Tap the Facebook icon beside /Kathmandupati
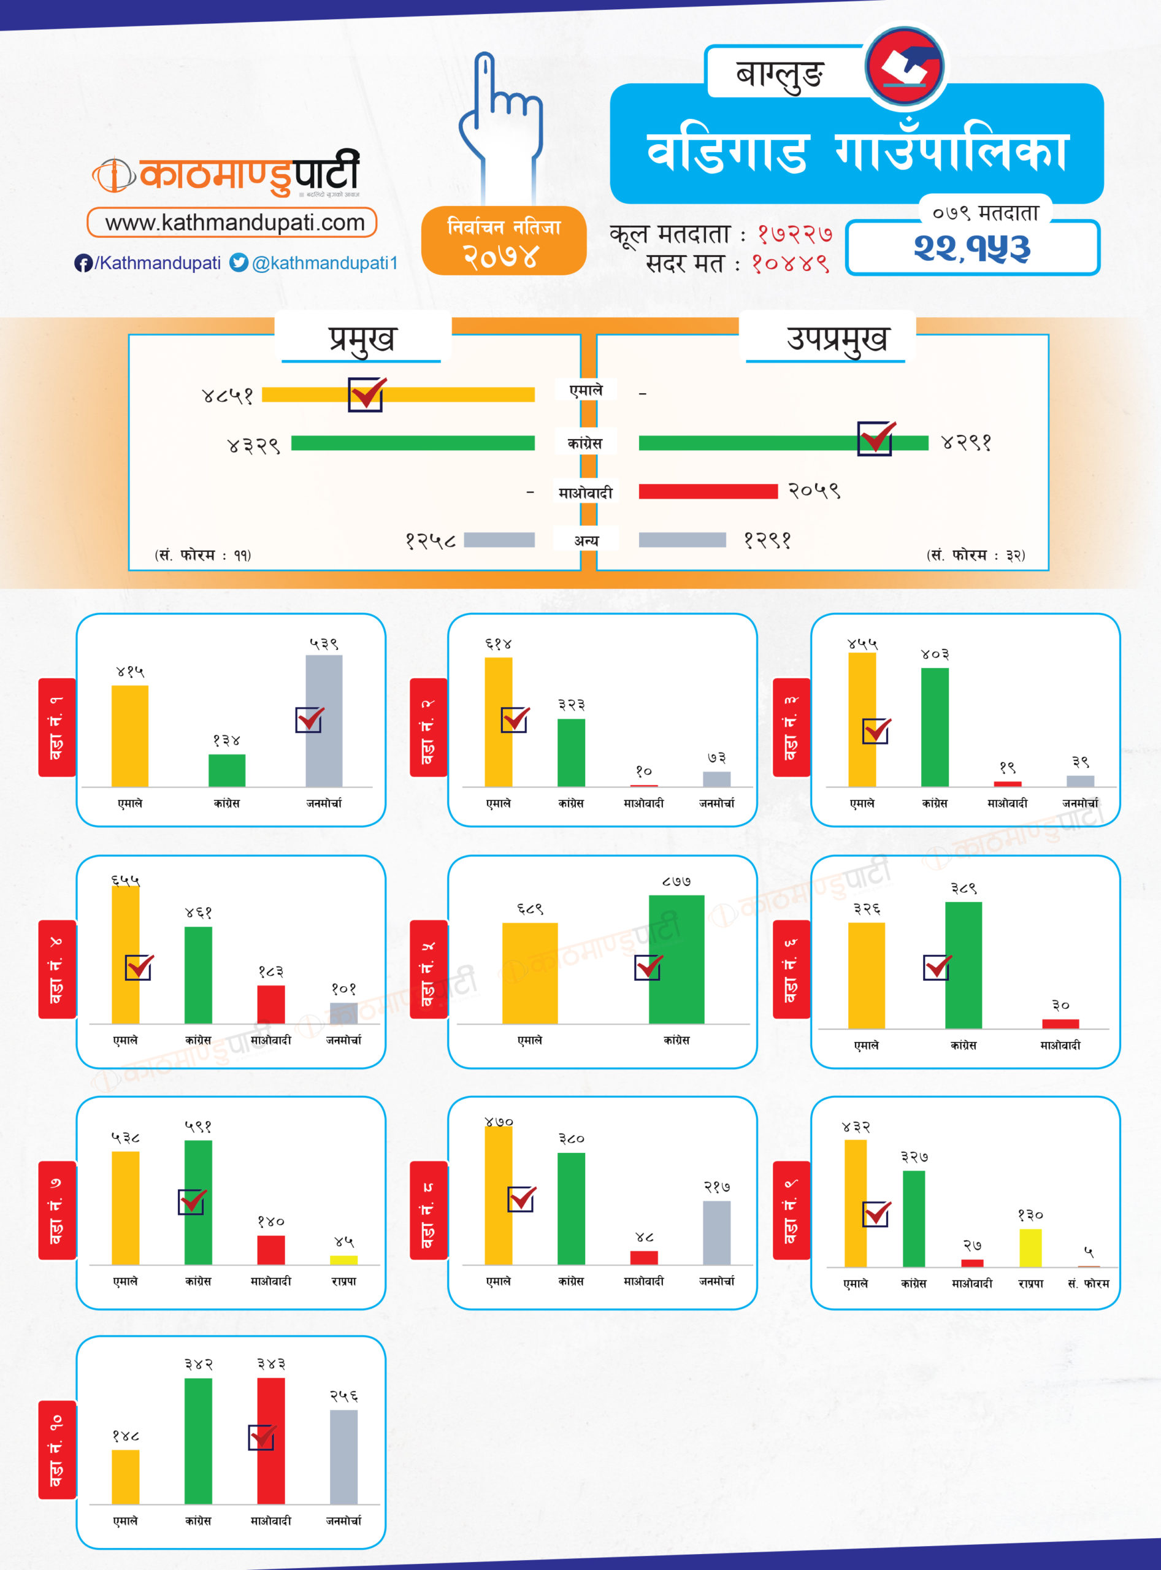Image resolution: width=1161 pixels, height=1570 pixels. [83, 263]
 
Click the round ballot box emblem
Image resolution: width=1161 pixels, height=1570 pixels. [905, 67]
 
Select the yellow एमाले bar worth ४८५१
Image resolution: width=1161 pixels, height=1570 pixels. [450, 395]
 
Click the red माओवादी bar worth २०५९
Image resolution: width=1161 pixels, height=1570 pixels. [708, 491]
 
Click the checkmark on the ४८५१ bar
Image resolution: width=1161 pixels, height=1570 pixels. [366, 394]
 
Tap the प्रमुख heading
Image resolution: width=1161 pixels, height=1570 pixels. [362, 339]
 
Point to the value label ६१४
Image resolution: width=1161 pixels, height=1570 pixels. [498, 644]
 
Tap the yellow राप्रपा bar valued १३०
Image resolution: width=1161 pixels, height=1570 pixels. [1030, 1248]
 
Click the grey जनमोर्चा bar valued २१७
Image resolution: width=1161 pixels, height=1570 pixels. [716, 1233]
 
